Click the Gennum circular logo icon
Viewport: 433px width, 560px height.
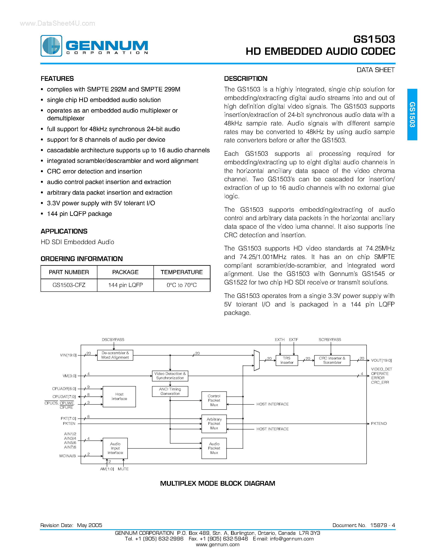click(x=51, y=46)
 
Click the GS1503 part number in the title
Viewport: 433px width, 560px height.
click(x=374, y=39)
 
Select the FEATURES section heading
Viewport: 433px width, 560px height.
click(x=57, y=79)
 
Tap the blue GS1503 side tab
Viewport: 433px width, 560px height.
click(x=412, y=114)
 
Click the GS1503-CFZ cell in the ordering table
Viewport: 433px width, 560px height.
click(x=69, y=285)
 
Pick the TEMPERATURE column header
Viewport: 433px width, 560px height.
click(x=182, y=272)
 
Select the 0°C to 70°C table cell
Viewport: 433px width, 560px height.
click(x=182, y=285)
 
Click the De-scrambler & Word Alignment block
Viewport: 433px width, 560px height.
click(x=115, y=355)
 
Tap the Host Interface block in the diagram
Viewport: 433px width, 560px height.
click(x=119, y=396)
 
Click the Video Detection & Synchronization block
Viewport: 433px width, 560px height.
click(x=170, y=376)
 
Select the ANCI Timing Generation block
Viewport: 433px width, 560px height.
click(x=170, y=391)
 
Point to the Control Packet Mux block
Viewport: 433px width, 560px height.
click(x=214, y=400)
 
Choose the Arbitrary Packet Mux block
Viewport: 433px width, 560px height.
click(x=214, y=424)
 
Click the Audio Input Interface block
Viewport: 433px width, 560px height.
click(x=115, y=448)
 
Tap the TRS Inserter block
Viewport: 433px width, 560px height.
click(x=287, y=360)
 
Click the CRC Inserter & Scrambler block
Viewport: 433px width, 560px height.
click(x=332, y=360)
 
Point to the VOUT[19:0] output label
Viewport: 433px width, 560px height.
click(x=381, y=360)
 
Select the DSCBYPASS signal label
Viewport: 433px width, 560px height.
click(x=113, y=340)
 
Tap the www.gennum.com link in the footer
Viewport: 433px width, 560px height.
click(x=218, y=544)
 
